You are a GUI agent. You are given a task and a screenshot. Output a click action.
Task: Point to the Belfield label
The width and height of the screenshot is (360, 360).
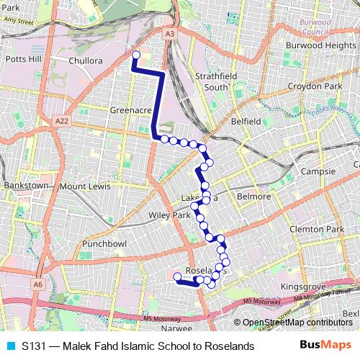point(246,122)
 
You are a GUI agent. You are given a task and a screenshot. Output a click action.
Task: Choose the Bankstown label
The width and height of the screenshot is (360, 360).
point(25,186)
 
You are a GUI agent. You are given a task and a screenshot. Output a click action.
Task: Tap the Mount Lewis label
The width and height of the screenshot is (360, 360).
point(85,186)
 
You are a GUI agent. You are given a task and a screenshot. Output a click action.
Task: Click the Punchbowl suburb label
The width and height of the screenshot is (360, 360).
point(104,244)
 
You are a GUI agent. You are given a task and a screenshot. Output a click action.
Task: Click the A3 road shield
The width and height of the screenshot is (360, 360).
point(169,33)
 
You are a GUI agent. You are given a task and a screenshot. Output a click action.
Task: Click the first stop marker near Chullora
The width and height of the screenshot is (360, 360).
point(135,54)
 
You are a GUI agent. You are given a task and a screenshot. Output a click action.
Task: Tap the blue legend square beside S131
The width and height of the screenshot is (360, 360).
point(9,346)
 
